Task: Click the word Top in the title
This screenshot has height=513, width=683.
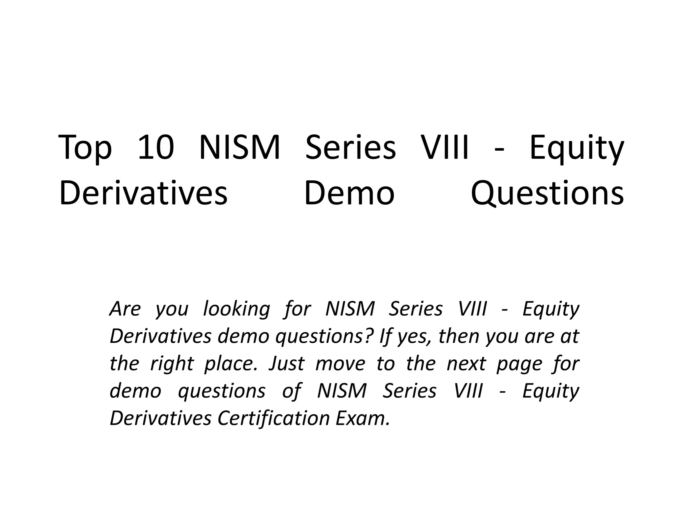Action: [85, 148]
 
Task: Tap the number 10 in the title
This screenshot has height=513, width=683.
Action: [156, 147]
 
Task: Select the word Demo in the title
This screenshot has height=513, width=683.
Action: [349, 193]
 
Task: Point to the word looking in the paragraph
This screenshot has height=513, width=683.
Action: [236, 309]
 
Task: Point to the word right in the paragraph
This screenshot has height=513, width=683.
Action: [172, 364]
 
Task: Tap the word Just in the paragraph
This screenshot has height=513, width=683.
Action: [286, 363]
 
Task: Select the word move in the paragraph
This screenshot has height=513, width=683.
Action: [340, 363]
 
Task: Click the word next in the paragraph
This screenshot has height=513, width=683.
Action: [466, 363]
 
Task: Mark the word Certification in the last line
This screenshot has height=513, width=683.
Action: [273, 418]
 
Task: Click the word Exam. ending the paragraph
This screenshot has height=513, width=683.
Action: [363, 418]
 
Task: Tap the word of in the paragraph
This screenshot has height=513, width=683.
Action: [291, 391]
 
